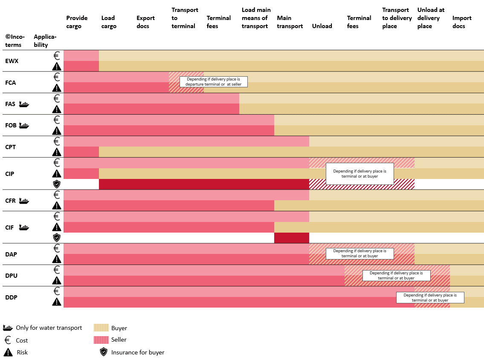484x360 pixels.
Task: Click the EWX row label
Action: [12, 61]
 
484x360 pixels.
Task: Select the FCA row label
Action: [11, 83]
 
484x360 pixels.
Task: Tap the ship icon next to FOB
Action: [24, 125]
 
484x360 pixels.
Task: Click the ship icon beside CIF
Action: [24, 228]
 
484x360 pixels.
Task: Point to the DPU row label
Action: [12, 276]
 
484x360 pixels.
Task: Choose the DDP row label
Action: [11, 297]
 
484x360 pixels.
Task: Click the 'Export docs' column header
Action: [145, 22]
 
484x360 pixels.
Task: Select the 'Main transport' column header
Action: [290, 22]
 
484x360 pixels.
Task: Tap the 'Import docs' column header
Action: [462, 22]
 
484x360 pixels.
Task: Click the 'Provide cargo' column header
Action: [77, 22]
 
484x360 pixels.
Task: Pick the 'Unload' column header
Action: [322, 26]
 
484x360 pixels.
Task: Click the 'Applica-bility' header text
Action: [45, 40]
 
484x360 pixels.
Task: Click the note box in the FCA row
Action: [213, 82]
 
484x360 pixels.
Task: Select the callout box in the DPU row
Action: [396, 276]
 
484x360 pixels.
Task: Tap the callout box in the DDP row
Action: [430, 297]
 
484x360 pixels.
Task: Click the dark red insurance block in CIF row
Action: [291, 238]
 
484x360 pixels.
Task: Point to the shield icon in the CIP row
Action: [56, 184]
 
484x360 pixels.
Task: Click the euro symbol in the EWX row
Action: [56, 55]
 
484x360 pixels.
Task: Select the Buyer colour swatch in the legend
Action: [100, 328]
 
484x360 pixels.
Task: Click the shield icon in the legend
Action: [103, 352]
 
